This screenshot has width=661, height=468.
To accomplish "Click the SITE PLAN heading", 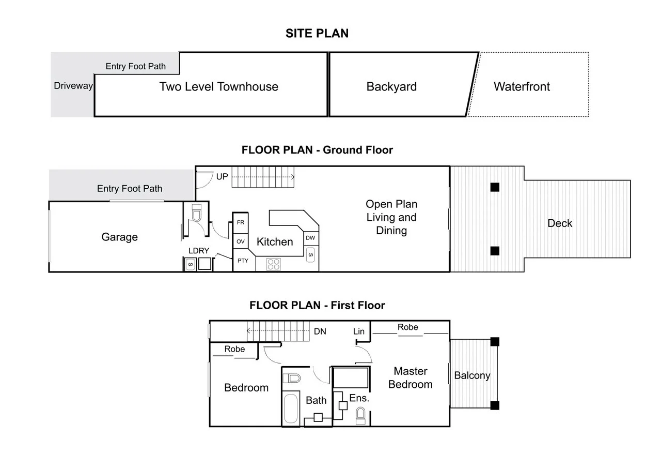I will pyautogui.click(x=317, y=34).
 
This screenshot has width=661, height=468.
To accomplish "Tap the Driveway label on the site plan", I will pyautogui.click(x=73, y=86).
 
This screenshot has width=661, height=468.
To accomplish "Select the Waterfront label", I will pyautogui.click(x=522, y=86).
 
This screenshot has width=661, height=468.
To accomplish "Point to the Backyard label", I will pyautogui.click(x=391, y=86).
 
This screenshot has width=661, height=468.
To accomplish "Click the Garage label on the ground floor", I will pyautogui.click(x=119, y=237).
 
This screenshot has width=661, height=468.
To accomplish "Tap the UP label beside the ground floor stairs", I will pyautogui.click(x=222, y=177).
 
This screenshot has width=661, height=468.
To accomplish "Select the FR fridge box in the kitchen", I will pyautogui.click(x=241, y=222).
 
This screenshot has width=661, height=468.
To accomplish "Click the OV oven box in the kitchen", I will pyautogui.click(x=241, y=241).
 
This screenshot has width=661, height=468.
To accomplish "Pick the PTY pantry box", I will pyautogui.click(x=243, y=261).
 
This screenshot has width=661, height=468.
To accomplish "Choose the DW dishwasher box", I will pyautogui.click(x=310, y=238).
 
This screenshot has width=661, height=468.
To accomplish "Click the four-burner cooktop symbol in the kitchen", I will pyautogui.click(x=273, y=264).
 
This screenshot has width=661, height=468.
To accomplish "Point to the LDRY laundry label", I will pyautogui.click(x=199, y=251).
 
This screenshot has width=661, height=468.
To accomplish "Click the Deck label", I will pyautogui.click(x=560, y=223).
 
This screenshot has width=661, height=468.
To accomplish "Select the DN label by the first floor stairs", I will pyautogui.click(x=320, y=331).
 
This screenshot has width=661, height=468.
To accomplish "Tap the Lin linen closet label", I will pyautogui.click(x=359, y=331).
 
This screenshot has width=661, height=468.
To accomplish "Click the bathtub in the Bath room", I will pyautogui.click(x=291, y=409).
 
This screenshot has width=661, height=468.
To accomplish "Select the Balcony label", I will pyautogui.click(x=472, y=376).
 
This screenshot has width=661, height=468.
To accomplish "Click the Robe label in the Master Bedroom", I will pyautogui.click(x=407, y=327).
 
